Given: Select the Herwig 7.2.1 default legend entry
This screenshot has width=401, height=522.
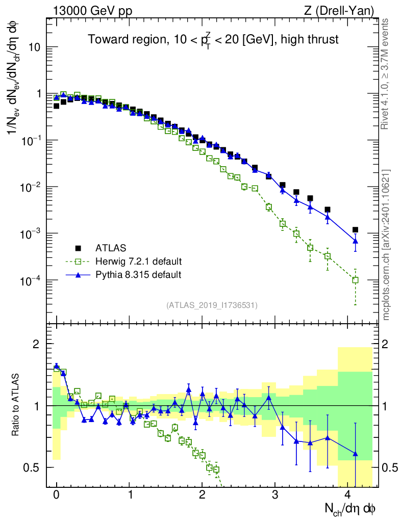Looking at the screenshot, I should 138,262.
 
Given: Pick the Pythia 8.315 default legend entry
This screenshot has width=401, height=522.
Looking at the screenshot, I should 138,275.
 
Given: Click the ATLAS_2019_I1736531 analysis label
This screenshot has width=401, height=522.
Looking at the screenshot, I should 212,305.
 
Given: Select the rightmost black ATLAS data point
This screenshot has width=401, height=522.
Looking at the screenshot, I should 355,230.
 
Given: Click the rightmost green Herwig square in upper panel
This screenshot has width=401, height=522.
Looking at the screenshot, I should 355,280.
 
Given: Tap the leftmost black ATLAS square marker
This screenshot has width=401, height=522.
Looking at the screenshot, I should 57,106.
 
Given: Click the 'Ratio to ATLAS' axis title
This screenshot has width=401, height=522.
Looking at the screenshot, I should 16,405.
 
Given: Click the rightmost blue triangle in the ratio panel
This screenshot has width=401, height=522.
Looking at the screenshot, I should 355,453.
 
